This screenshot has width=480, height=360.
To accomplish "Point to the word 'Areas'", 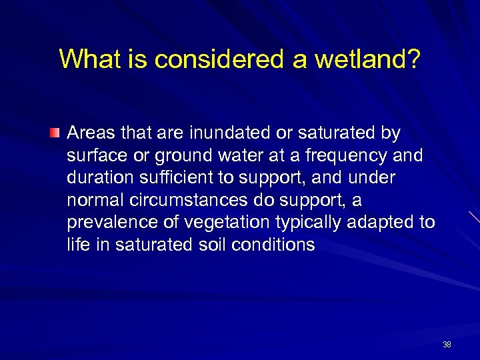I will point(91,133).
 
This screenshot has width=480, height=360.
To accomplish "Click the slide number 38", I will point(447,345).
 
